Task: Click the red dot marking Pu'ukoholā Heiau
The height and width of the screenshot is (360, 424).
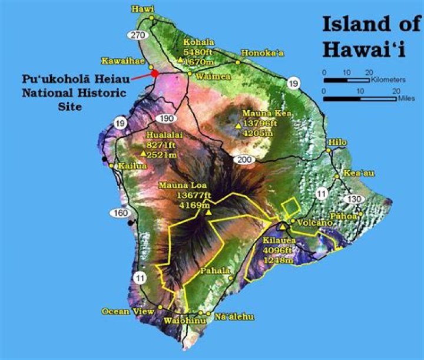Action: pos(155,74)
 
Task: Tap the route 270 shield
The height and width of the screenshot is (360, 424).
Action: pos(138,36)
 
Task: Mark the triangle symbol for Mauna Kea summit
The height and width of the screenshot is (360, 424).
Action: pos(238,125)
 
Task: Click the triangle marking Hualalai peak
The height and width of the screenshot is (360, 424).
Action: pos(143,154)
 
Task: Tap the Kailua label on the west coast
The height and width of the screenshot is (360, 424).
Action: pos(132,166)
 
